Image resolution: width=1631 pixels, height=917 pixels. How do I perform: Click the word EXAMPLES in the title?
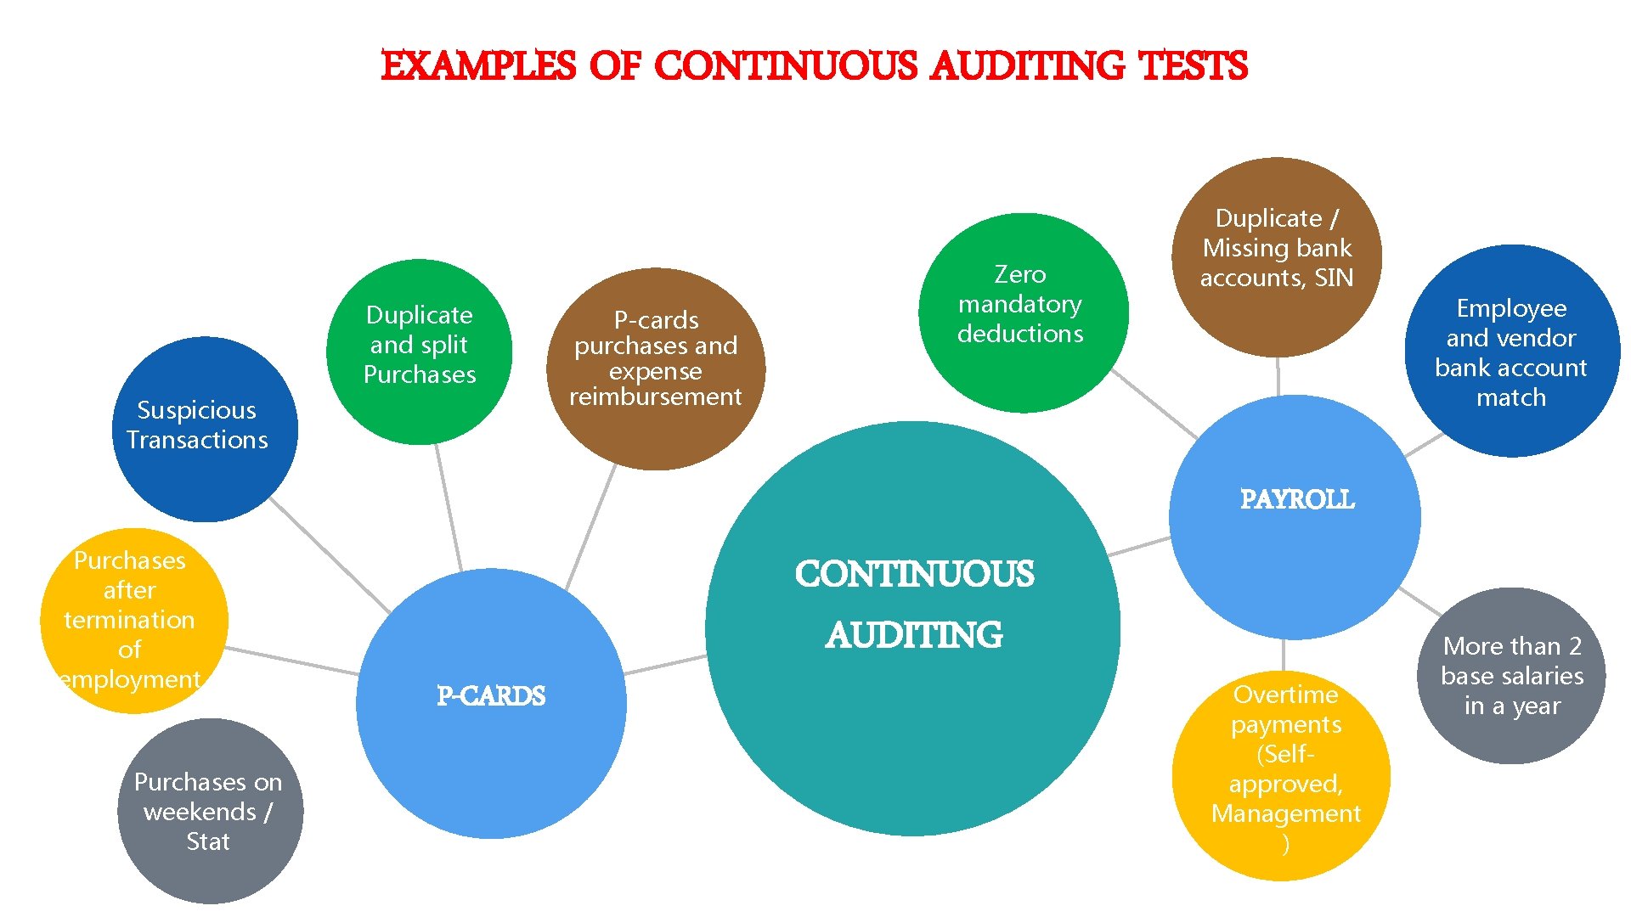pos(478,66)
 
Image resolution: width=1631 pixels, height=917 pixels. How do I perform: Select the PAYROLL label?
pos(1297,499)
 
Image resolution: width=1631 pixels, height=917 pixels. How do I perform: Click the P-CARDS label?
pos(491,696)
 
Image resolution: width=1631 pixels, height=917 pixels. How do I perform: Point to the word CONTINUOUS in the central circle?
pos(914,575)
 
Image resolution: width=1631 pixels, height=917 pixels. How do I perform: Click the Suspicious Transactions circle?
pos(204,429)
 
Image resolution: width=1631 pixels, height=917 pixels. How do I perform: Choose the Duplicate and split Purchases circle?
pos(420,351)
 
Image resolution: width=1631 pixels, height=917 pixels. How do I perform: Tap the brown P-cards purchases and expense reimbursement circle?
pos(655,368)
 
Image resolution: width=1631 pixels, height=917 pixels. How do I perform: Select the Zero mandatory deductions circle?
pos(1023,312)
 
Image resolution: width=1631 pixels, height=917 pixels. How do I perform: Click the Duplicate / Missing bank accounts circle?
pos(1276,255)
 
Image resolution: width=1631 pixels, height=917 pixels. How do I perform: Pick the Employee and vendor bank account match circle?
pos(1512,351)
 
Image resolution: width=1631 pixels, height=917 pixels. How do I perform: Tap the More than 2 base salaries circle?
pos(1512,676)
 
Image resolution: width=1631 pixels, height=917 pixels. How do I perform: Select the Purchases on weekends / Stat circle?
pos(210,811)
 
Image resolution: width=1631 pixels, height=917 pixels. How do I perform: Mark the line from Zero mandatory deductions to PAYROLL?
pos(1154,403)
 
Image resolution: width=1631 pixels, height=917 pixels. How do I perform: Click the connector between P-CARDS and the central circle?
pos(664,665)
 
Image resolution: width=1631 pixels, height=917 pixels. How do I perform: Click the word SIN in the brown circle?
pos(1334,278)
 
